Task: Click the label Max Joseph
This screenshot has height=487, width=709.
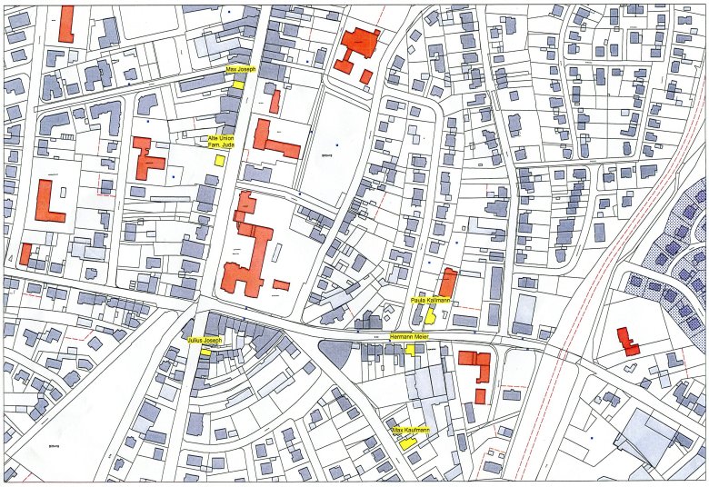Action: click(x=241, y=70)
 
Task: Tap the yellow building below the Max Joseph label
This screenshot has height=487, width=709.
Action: click(x=239, y=84)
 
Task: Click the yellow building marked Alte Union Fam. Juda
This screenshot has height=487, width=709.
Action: click(x=219, y=159)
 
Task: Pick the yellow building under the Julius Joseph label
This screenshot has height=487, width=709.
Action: click(x=206, y=352)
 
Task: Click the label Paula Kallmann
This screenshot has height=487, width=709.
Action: click(x=431, y=299)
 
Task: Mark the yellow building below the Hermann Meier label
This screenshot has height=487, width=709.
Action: click(x=411, y=349)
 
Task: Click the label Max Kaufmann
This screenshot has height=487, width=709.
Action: click(x=410, y=429)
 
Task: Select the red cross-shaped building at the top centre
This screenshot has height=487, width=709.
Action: click(x=357, y=49)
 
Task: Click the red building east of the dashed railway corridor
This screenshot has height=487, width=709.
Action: click(x=627, y=342)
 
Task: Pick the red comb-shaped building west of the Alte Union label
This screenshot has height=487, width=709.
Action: click(x=145, y=159)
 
